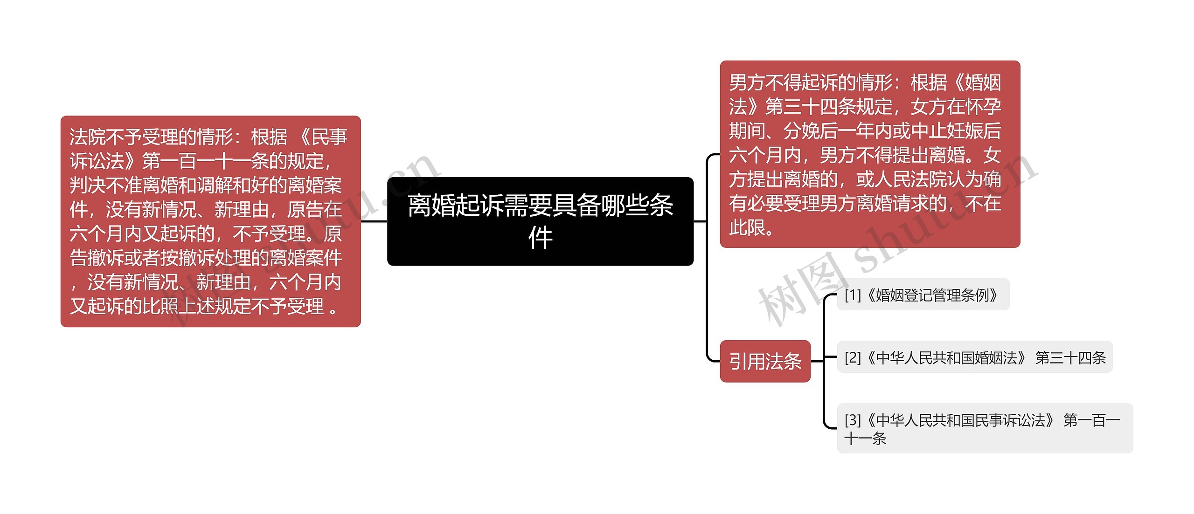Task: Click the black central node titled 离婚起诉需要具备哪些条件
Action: coord(540,221)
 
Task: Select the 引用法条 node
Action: coord(765,362)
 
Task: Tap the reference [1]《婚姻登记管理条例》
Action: coord(923,295)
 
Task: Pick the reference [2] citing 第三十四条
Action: coord(975,358)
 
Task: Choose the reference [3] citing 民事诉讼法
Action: coord(984,428)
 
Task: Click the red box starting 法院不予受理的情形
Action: coord(210,221)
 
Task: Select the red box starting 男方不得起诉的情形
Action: coord(870,154)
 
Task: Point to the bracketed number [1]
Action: coord(853,295)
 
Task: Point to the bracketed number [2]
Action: coord(853,358)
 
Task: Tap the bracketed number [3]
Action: coord(853,420)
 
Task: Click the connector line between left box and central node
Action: coord(374,221)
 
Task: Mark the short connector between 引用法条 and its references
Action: coord(818,361)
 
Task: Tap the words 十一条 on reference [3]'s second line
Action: coord(865,439)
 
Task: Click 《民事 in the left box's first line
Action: coord(322,137)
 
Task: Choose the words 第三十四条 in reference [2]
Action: coord(1070,358)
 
